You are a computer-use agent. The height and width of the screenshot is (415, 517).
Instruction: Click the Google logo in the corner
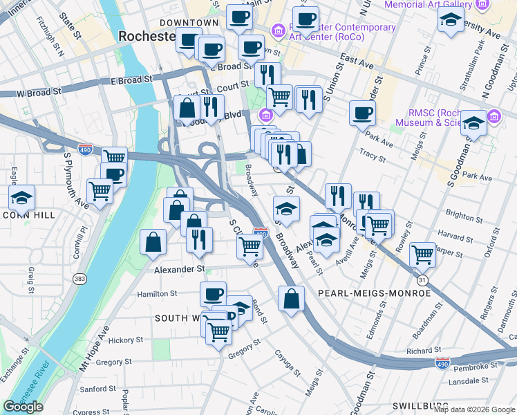(23, 407)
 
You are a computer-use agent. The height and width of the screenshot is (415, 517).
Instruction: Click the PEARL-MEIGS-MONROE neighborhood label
(374, 293)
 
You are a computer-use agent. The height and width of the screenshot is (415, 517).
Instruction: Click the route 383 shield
(79, 278)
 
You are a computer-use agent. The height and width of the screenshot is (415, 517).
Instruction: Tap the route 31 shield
(422, 279)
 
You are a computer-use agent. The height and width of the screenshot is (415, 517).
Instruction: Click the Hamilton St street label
(158, 294)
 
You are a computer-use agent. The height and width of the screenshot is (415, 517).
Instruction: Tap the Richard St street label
(419, 351)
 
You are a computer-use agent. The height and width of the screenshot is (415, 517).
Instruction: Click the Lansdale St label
(468, 380)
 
